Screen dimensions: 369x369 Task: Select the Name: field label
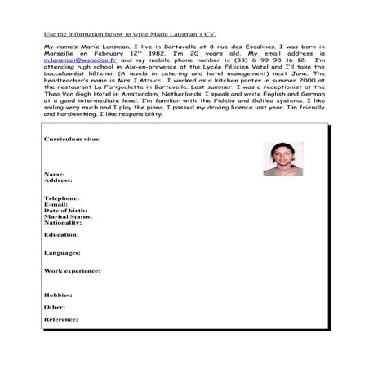[54, 174]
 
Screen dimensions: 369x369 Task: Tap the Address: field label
[57, 180]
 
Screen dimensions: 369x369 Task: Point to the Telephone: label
[61, 198]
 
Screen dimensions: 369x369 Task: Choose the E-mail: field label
[56, 205]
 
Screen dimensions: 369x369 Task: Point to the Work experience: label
[71, 269]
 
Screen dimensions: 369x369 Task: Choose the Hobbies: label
[58, 295]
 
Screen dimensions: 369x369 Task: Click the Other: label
[54, 307]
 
